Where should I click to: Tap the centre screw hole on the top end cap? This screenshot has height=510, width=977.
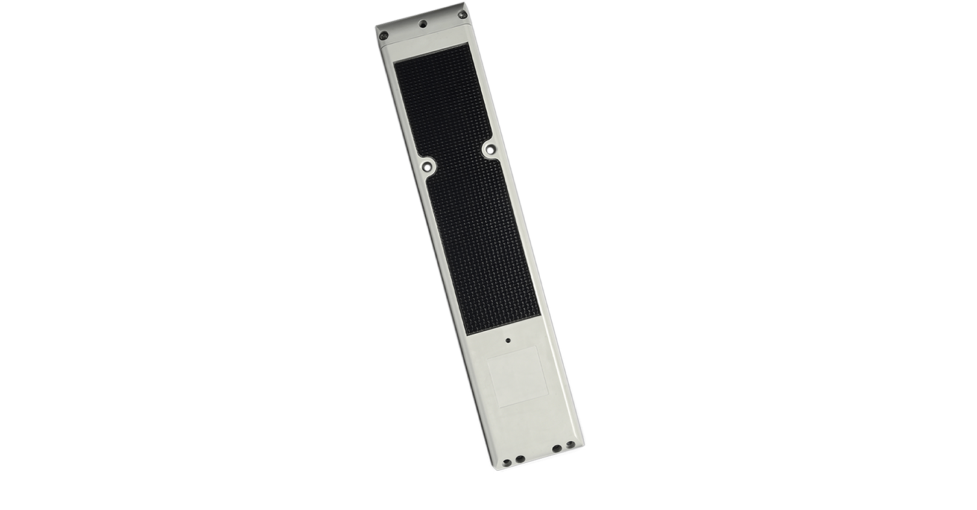[x=423, y=24]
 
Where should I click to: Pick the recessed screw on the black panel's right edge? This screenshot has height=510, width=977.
[x=489, y=147]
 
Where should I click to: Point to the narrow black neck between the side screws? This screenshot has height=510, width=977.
[x=458, y=158]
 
